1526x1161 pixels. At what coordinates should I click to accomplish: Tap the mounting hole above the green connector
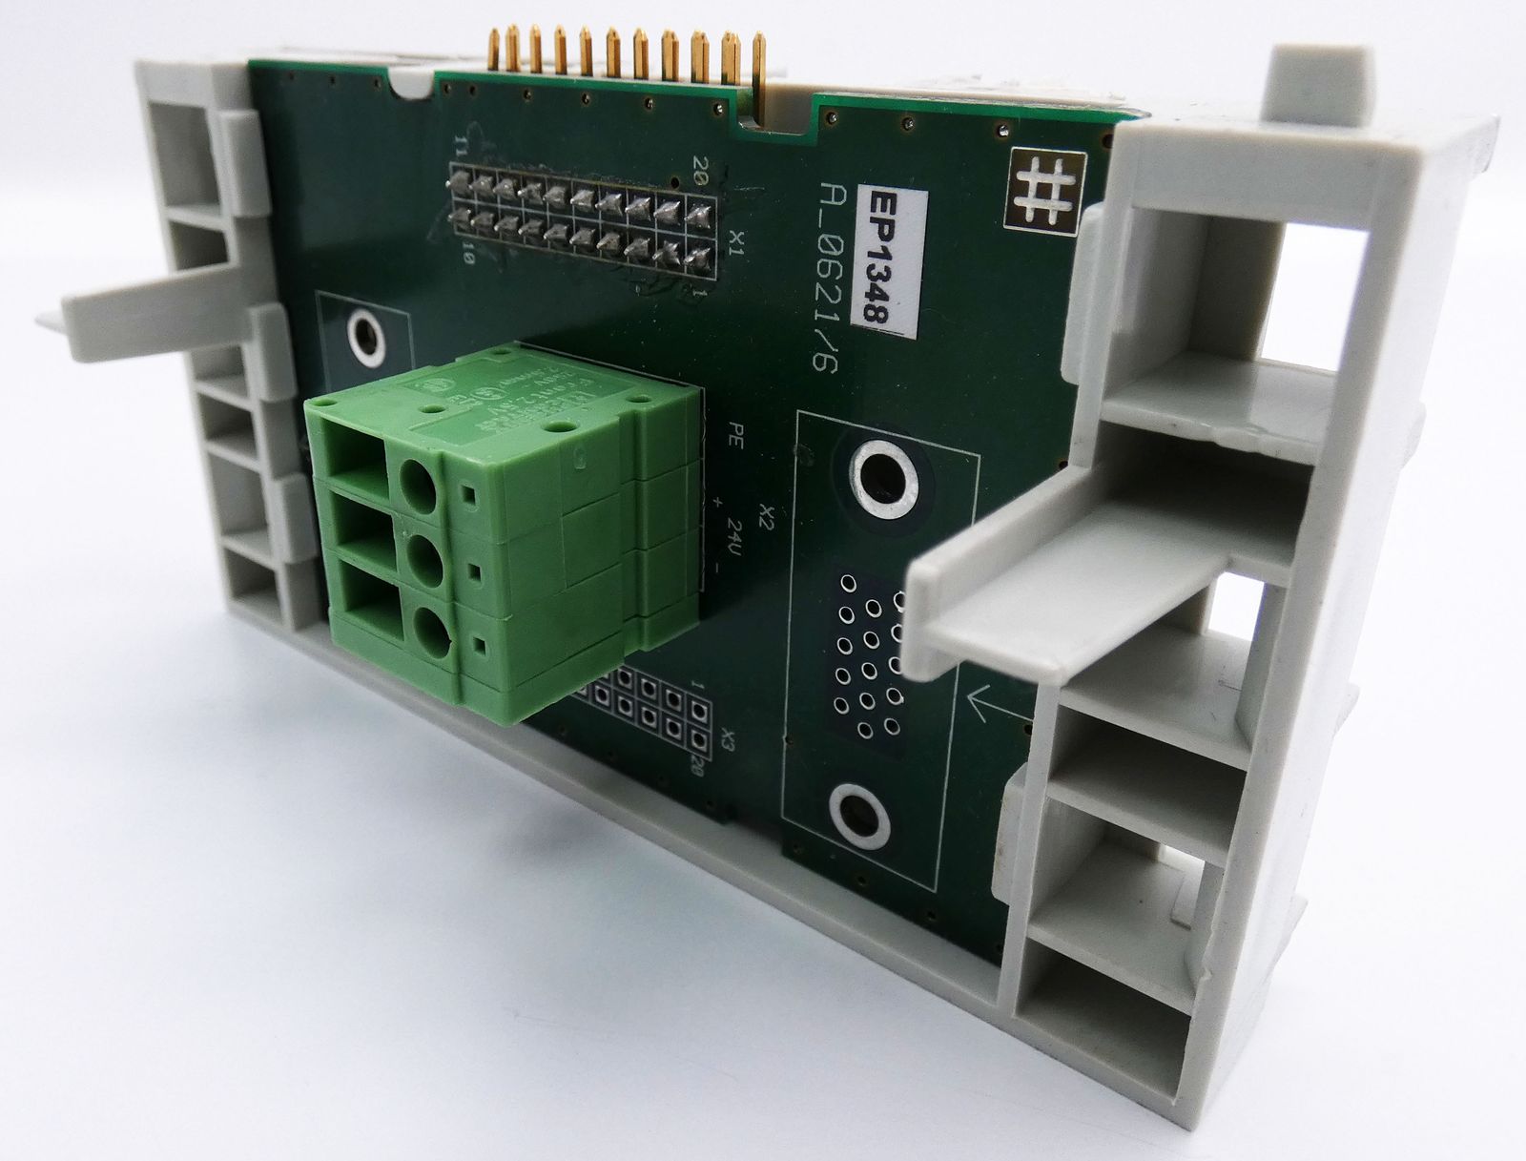364,337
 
